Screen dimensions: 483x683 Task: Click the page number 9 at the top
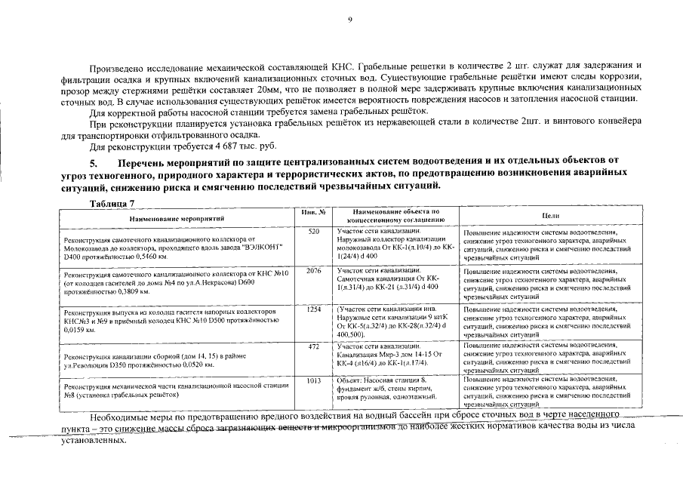click(x=349, y=20)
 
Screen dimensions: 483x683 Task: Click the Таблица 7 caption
click(x=112, y=204)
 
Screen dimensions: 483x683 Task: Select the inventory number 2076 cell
click(x=315, y=269)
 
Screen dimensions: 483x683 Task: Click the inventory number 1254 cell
click(x=315, y=309)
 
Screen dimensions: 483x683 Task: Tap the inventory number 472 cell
click(x=315, y=346)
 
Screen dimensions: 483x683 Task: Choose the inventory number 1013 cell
click(x=315, y=380)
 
